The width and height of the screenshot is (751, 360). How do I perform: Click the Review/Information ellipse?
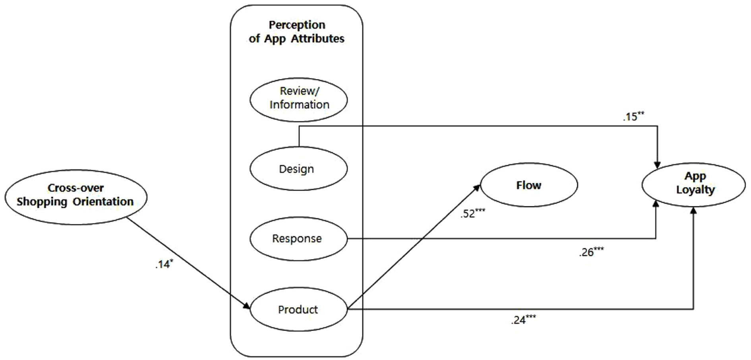pos(298,99)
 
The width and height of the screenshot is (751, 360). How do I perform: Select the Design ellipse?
pos(298,169)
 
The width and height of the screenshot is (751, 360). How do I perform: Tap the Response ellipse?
pos(298,239)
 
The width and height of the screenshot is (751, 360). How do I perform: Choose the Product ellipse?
pos(298,310)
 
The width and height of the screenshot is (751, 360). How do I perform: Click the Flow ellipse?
pos(529,185)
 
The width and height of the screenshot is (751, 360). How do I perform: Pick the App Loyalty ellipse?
pos(694,185)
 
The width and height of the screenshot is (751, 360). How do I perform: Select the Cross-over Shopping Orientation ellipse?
pos(75,197)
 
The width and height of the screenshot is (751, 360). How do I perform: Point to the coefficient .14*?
pos(164,264)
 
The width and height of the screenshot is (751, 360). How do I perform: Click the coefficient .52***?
pos(472,213)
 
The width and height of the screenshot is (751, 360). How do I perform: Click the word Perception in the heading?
pos(297,25)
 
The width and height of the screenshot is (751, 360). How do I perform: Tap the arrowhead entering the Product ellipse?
pos(246,306)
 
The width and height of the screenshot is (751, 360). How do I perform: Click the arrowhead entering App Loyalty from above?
pos(657,165)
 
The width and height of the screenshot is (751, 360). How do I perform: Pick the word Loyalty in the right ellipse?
pos(695,190)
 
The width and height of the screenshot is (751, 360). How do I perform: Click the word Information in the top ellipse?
pos(300,105)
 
